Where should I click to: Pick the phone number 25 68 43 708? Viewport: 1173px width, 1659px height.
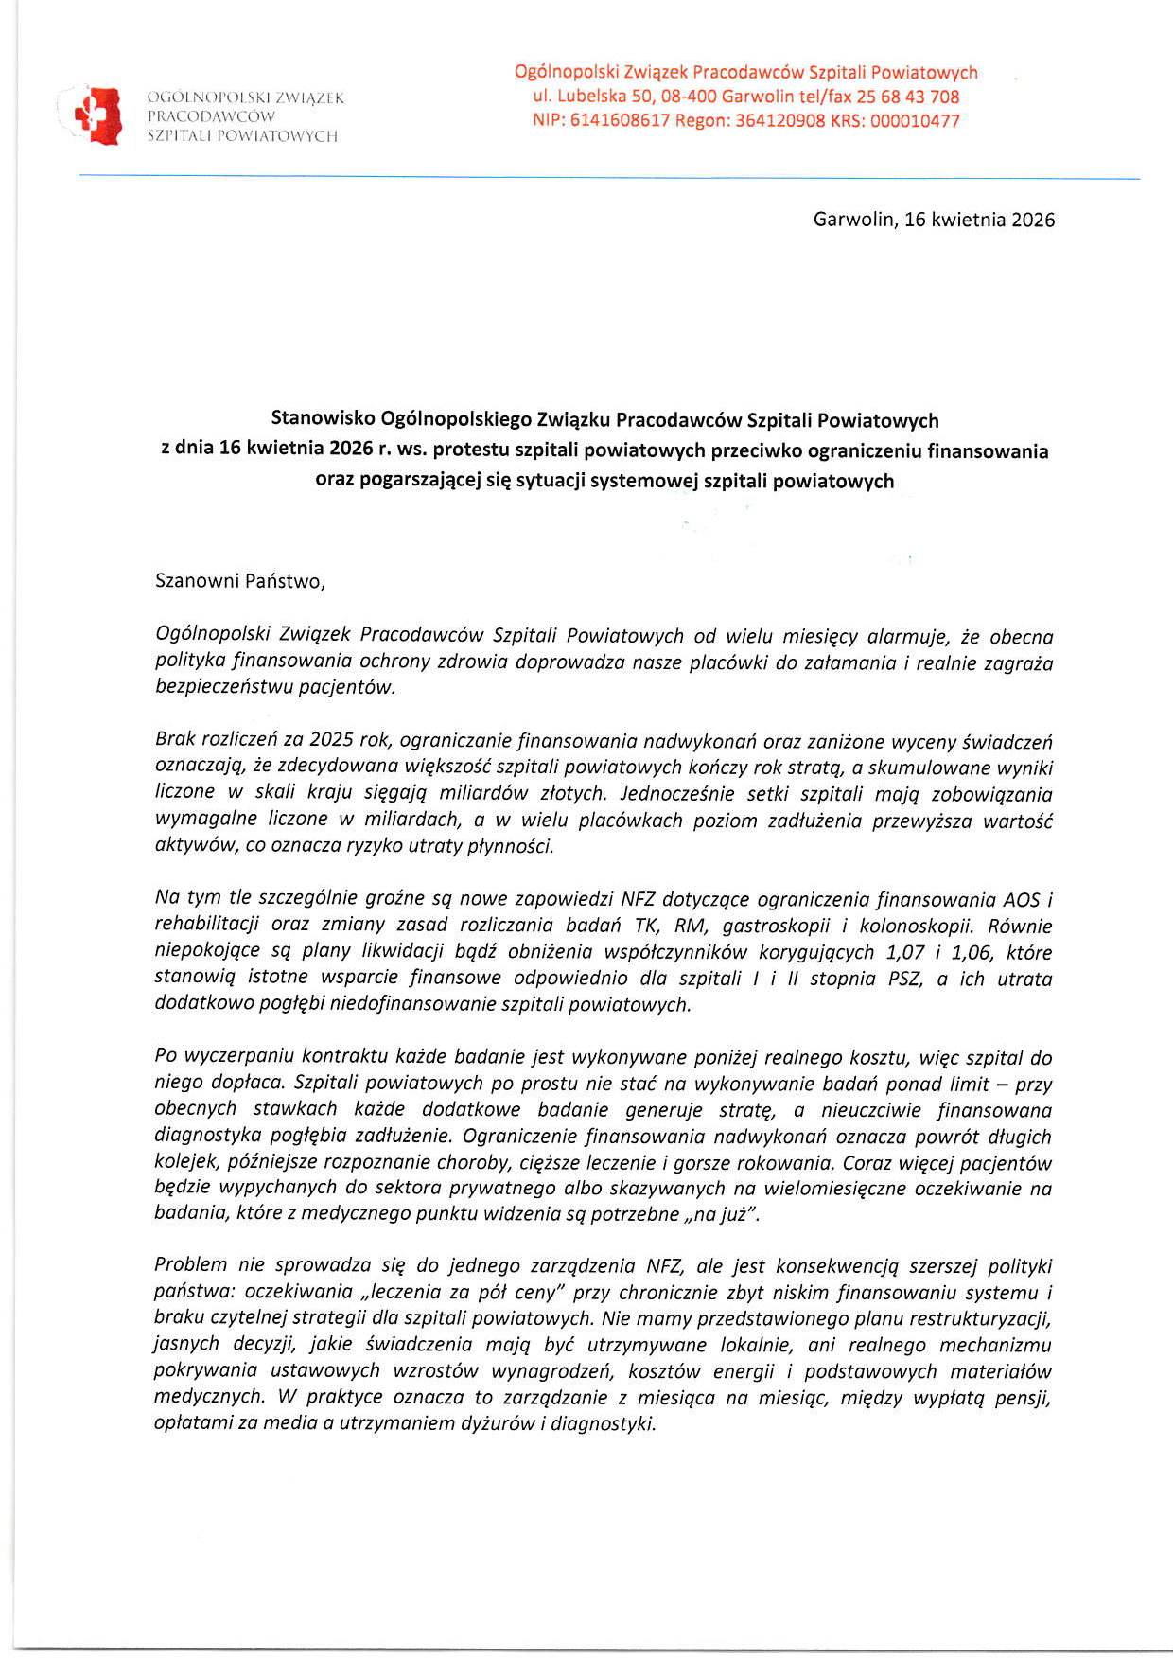907,97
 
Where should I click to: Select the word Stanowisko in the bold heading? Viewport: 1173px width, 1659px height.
323,419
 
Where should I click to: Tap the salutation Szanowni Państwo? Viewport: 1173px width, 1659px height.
240,581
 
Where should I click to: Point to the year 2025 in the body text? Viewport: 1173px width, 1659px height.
330,741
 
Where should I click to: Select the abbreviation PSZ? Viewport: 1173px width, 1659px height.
903,979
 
